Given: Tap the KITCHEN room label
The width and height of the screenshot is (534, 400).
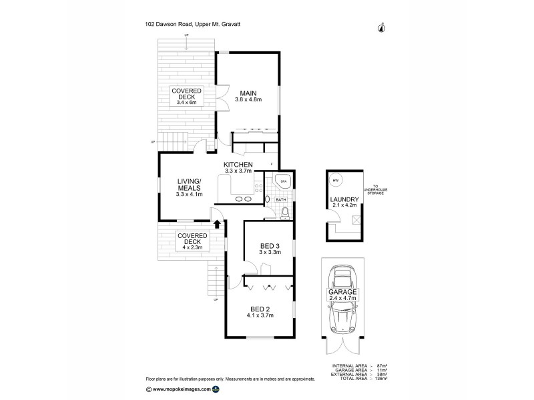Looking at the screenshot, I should [237, 164].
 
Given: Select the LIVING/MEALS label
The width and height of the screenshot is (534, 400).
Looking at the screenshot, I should [189, 184].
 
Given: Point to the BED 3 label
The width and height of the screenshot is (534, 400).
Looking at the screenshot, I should [270, 245].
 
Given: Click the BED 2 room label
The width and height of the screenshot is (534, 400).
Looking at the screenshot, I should [260, 308].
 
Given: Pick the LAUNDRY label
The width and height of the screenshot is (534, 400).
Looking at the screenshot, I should [344, 199].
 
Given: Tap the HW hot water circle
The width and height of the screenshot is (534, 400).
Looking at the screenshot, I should [335, 181].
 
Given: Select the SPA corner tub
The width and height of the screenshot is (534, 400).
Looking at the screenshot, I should [283, 181].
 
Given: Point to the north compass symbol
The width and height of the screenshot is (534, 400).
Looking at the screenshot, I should [381, 27].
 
